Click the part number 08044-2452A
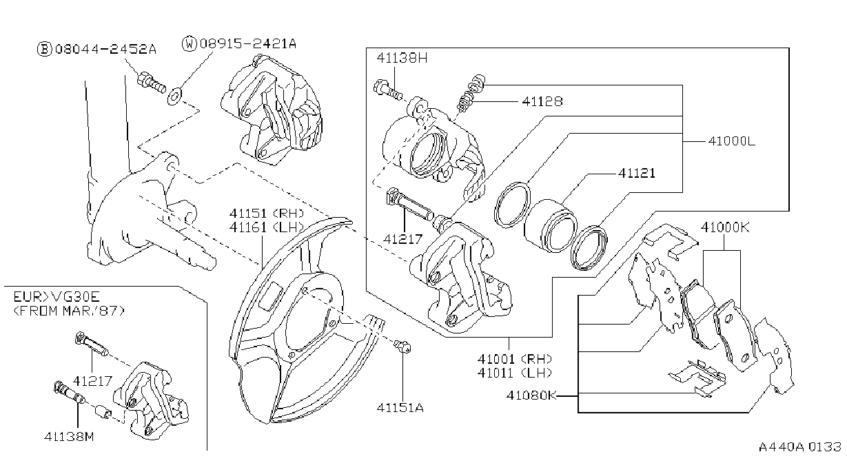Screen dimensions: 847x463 click(105, 49)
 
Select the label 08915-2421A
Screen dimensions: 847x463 click(248, 44)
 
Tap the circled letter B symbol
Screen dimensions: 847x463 click(44, 49)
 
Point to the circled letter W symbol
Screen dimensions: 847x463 click(190, 44)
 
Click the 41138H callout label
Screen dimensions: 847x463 click(402, 58)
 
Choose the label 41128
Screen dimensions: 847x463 click(542, 101)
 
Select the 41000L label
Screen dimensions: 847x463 click(731, 141)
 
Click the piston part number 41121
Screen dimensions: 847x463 click(637, 173)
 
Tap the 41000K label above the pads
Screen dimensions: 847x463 click(725, 227)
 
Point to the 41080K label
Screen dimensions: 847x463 click(531, 395)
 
